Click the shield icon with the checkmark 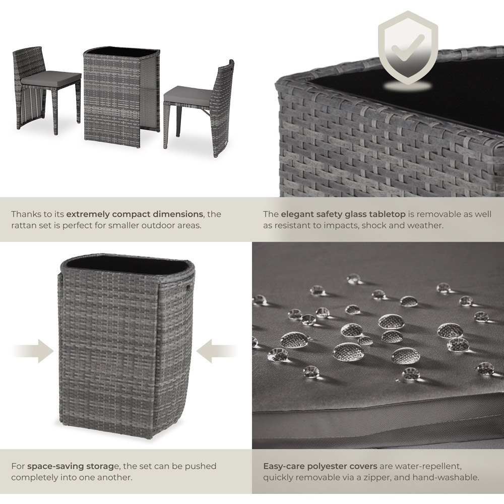coord(408,48)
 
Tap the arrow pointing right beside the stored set coord(33,351)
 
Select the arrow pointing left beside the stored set coord(217,351)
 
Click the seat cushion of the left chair coord(51,78)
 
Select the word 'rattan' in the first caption coord(22,226)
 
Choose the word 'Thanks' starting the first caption coord(25,214)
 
